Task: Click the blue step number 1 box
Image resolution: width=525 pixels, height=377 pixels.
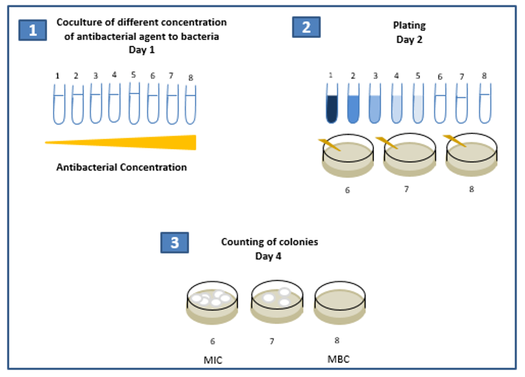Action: (33, 31)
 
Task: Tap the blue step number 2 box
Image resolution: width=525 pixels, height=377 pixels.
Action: (306, 27)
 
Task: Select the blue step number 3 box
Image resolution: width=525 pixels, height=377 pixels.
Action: (175, 242)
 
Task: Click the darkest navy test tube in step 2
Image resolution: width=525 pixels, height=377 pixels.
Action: (332, 103)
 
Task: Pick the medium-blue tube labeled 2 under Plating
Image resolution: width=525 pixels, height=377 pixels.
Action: (353, 103)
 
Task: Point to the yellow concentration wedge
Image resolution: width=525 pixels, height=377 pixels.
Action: (120, 142)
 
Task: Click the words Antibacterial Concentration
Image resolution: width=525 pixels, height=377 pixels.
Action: (122, 167)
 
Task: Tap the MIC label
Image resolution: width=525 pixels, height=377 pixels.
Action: (213, 360)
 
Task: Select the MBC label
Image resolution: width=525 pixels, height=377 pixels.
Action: (339, 359)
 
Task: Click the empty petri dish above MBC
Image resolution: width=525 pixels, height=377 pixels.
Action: (340, 303)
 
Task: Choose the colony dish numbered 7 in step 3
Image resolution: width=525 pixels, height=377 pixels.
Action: (277, 302)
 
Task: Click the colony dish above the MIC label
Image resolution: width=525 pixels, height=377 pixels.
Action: (212, 303)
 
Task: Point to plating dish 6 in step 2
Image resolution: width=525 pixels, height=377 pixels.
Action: (348, 156)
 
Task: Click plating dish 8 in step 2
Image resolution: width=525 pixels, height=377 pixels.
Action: (471, 155)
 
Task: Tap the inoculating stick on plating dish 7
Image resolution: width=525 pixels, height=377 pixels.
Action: (386, 143)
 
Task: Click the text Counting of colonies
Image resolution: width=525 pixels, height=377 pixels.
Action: (269, 242)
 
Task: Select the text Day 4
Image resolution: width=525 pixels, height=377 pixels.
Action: (268, 256)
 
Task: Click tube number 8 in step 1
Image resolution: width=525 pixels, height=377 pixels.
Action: (190, 105)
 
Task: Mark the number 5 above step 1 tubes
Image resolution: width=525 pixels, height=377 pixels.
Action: (133, 75)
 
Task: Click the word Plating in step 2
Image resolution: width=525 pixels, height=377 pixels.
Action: (409, 25)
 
